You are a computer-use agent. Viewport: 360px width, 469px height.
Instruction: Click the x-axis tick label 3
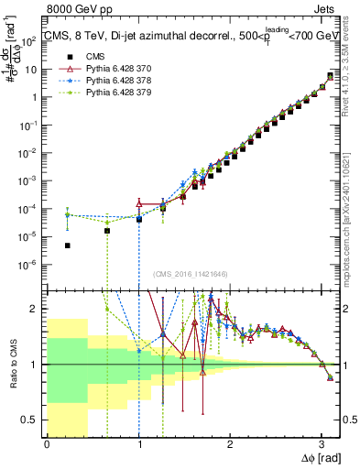click(x=321, y=444)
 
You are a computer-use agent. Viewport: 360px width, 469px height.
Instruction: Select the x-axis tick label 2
click(x=230, y=444)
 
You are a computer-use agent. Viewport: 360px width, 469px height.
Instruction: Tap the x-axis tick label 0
click(x=47, y=444)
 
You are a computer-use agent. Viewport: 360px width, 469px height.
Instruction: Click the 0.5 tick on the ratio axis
click(x=33, y=420)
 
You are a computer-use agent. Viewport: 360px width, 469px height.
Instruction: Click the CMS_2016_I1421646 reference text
click(x=185, y=273)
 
